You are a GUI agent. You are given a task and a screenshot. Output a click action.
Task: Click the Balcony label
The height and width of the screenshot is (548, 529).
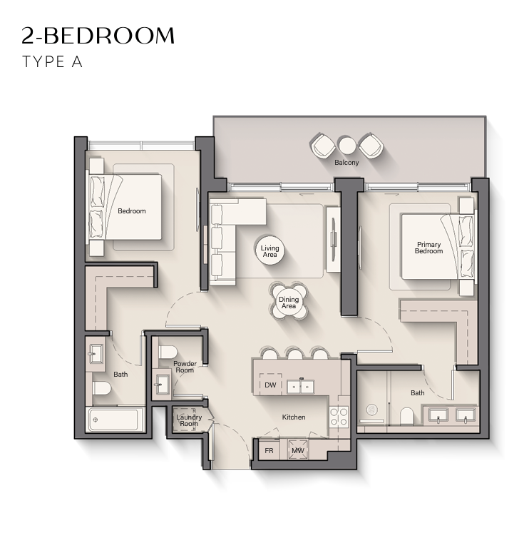click(x=346, y=163)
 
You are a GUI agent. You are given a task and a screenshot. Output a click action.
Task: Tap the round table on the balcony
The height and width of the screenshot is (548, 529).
click(x=347, y=146)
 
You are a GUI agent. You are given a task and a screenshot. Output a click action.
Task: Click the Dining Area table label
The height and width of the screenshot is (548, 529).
click(x=289, y=303)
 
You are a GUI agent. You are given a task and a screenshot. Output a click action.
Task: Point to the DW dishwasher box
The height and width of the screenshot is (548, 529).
click(x=270, y=385)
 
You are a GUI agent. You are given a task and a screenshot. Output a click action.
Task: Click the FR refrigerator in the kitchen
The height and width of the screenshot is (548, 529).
click(x=269, y=450)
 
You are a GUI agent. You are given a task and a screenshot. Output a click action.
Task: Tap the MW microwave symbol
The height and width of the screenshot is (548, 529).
click(x=298, y=450)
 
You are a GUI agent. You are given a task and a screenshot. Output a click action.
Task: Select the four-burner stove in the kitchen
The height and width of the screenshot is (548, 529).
click(x=339, y=416)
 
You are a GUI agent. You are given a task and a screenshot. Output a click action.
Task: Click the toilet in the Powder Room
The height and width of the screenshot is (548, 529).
click(x=168, y=352)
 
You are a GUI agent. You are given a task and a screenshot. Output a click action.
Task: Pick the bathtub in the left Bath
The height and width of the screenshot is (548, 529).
click(x=116, y=420)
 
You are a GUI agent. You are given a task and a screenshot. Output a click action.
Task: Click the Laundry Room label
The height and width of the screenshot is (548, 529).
click(x=189, y=420)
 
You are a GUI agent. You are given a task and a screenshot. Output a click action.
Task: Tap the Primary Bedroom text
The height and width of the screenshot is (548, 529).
click(x=428, y=248)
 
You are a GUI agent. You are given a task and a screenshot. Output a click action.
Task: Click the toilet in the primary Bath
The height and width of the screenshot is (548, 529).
click(x=406, y=416)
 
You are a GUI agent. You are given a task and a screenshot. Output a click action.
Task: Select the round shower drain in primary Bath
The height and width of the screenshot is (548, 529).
click(x=372, y=410)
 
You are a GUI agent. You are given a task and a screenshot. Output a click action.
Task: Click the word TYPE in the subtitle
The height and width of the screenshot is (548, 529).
click(x=43, y=61)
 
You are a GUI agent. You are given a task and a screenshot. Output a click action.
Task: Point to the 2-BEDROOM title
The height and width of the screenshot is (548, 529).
click(x=98, y=35)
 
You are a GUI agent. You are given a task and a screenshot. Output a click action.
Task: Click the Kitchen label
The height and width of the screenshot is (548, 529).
click(x=294, y=417)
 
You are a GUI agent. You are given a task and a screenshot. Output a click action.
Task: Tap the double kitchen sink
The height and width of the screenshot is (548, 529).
click(x=301, y=387)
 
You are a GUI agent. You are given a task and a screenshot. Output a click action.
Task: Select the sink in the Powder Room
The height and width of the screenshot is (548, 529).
click(x=162, y=383)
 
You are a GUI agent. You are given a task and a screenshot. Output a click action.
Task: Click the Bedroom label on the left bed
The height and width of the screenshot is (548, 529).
click(x=132, y=210)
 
